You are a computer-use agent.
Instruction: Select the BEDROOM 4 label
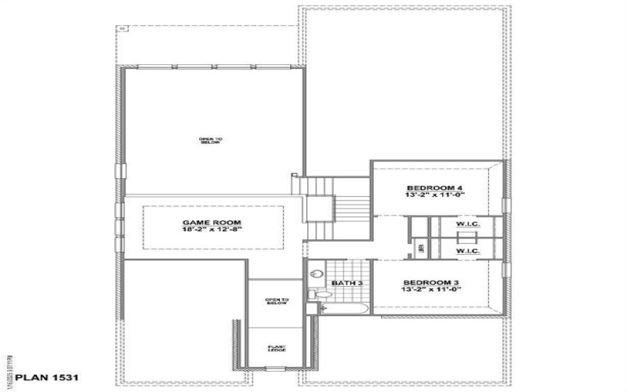pyautogui.click(x=435, y=187)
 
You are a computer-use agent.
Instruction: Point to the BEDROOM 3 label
pyautogui.click(x=432, y=282)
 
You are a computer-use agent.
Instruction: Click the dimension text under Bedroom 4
pyautogui.click(x=435, y=195)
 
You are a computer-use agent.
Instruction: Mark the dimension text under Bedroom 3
pyautogui.click(x=432, y=290)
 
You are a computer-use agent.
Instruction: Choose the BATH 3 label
pyautogui.click(x=346, y=282)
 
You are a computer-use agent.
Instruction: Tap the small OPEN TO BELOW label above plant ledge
pyautogui.click(x=277, y=301)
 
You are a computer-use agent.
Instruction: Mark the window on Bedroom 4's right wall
pyautogui.click(x=506, y=205)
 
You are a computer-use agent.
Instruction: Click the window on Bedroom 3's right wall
pyautogui.click(x=506, y=269)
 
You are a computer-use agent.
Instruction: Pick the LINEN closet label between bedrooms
pyautogui.click(x=422, y=248)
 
